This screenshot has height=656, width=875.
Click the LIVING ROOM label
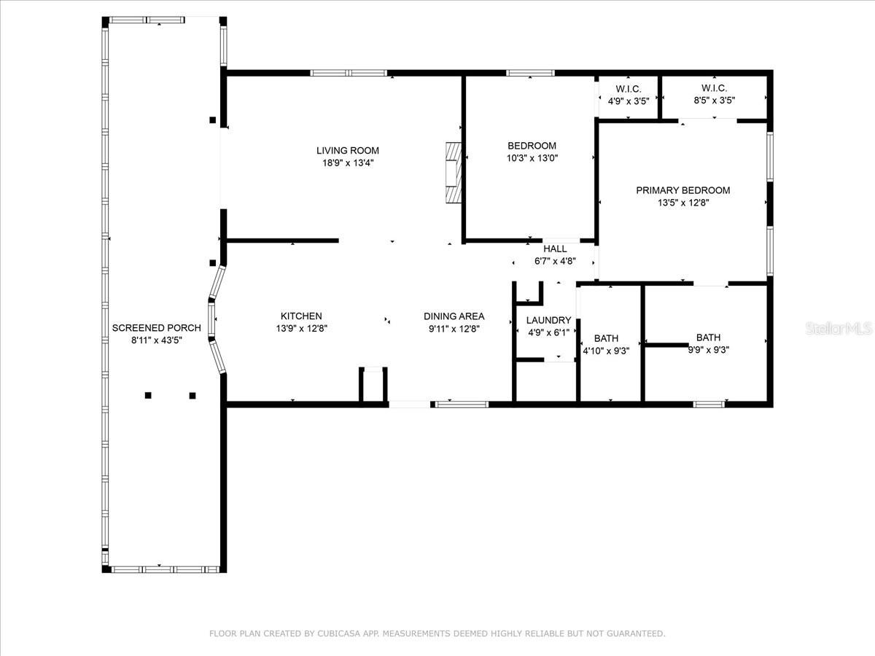click(347, 151)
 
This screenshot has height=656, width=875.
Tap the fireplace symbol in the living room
click(454, 173)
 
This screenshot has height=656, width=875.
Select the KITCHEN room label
click(301, 316)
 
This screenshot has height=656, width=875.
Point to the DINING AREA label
click(454, 316)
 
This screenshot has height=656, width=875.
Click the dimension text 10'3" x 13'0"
click(532, 158)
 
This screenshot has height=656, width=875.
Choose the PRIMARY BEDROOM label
click(682, 190)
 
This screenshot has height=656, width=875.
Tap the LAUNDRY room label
click(548, 320)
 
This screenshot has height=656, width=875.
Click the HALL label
click(555, 249)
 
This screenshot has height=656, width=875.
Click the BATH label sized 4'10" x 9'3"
click(606, 338)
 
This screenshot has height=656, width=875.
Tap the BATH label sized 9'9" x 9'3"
click(708, 337)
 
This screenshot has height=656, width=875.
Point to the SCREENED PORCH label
click(157, 328)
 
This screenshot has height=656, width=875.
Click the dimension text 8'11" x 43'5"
click(157, 340)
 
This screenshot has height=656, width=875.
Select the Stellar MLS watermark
click(838, 329)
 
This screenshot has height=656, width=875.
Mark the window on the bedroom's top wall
click(530, 73)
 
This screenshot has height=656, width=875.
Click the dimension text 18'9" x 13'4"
click(347, 163)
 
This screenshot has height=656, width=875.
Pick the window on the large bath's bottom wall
click(708, 404)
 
